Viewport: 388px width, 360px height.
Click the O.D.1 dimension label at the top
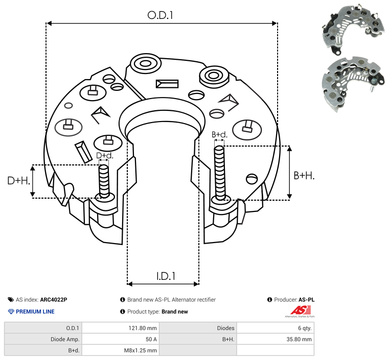(x=160, y=15)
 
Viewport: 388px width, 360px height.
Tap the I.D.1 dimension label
(x=166, y=276)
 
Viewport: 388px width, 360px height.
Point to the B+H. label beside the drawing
(x=304, y=176)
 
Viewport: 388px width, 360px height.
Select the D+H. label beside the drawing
(x=19, y=181)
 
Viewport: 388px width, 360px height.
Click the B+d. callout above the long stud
(x=219, y=134)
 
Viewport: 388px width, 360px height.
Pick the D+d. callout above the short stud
(x=105, y=156)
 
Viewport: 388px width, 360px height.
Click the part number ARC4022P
(x=54, y=300)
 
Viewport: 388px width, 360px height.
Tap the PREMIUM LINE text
(x=35, y=311)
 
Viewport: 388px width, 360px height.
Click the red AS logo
(x=300, y=311)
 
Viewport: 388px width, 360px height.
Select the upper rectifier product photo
(x=353, y=29)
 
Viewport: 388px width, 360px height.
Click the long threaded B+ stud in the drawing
(x=220, y=173)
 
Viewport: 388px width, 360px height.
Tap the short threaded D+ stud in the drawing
(x=104, y=181)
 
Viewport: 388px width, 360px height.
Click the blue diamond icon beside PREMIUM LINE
(x=11, y=311)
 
